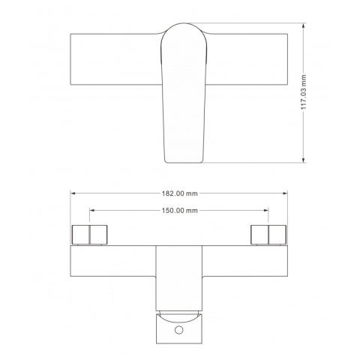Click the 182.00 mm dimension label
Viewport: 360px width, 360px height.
pyautogui.click(x=179, y=193)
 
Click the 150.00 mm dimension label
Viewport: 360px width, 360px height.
pyautogui.click(x=179, y=211)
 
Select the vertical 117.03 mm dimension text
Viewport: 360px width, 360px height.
pyautogui.click(x=304, y=92)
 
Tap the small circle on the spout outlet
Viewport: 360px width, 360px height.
pyautogui.click(x=179, y=330)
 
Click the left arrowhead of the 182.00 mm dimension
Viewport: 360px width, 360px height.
pyautogui.click(x=73, y=193)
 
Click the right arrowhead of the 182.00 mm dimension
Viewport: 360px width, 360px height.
pyautogui.click(x=285, y=193)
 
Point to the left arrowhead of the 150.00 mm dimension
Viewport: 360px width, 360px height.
pyautogui.click(x=92, y=210)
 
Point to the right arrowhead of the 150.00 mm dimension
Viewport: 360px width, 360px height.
pyautogui.click(x=265, y=210)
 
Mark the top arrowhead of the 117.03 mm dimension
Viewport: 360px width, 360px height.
pyautogui.click(x=304, y=25)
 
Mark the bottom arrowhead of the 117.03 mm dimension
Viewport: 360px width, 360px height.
pyautogui.click(x=304, y=160)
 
